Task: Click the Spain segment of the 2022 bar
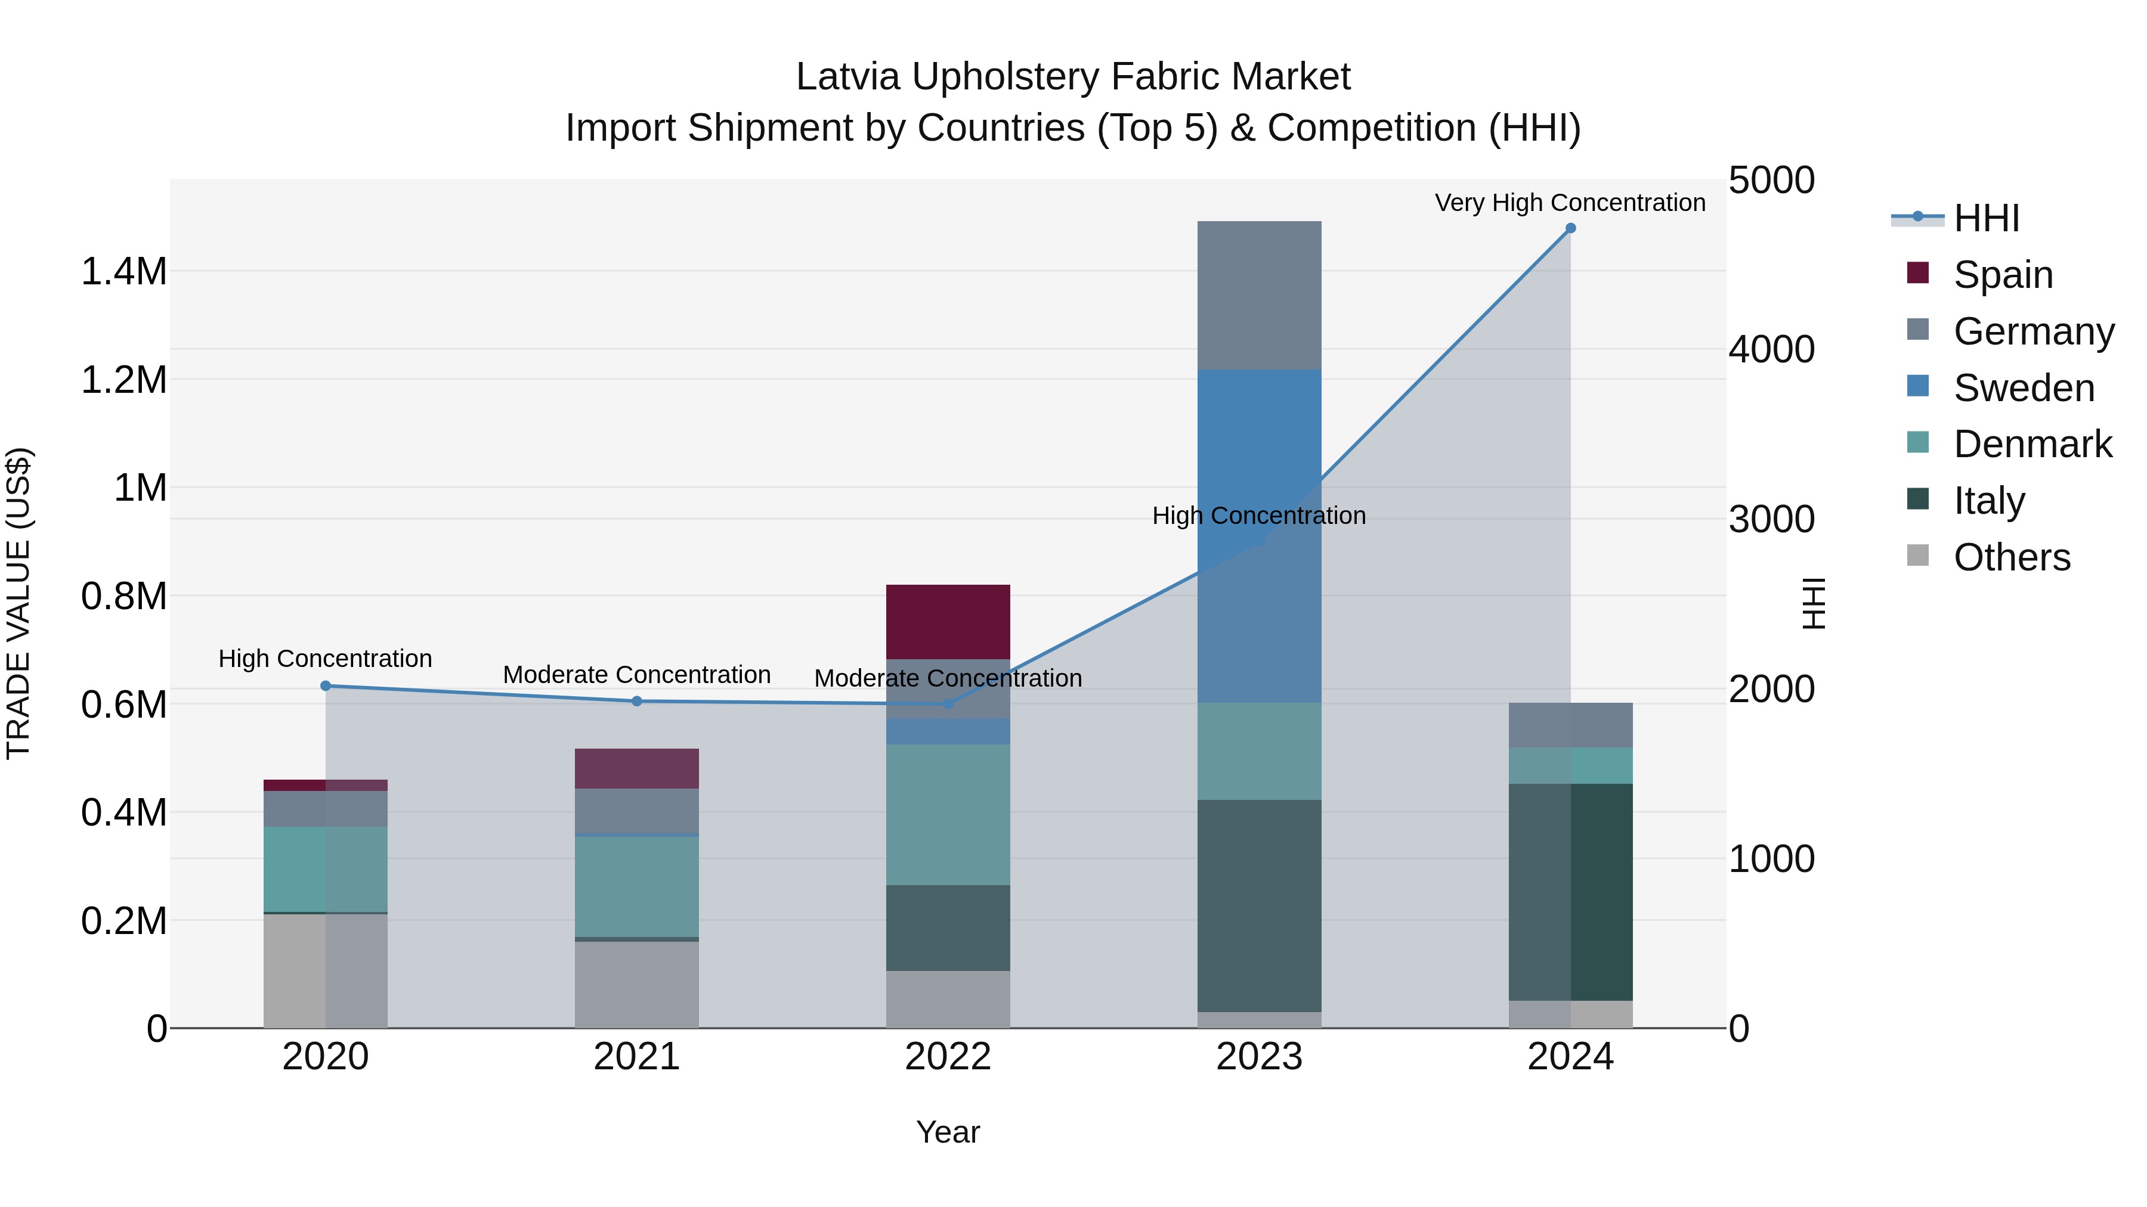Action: [948, 622]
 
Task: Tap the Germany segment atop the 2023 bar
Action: [1258, 295]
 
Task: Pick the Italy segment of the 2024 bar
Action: [1570, 891]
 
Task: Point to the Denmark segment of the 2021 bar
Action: [637, 886]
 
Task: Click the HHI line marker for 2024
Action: [1570, 228]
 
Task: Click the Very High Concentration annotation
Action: [1570, 203]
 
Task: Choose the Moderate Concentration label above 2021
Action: [637, 675]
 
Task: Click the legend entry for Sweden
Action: [2023, 388]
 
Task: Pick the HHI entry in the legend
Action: [1986, 218]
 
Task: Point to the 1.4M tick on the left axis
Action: [123, 272]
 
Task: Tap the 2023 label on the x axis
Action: [1258, 1057]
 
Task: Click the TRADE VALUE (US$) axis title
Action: [18, 603]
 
